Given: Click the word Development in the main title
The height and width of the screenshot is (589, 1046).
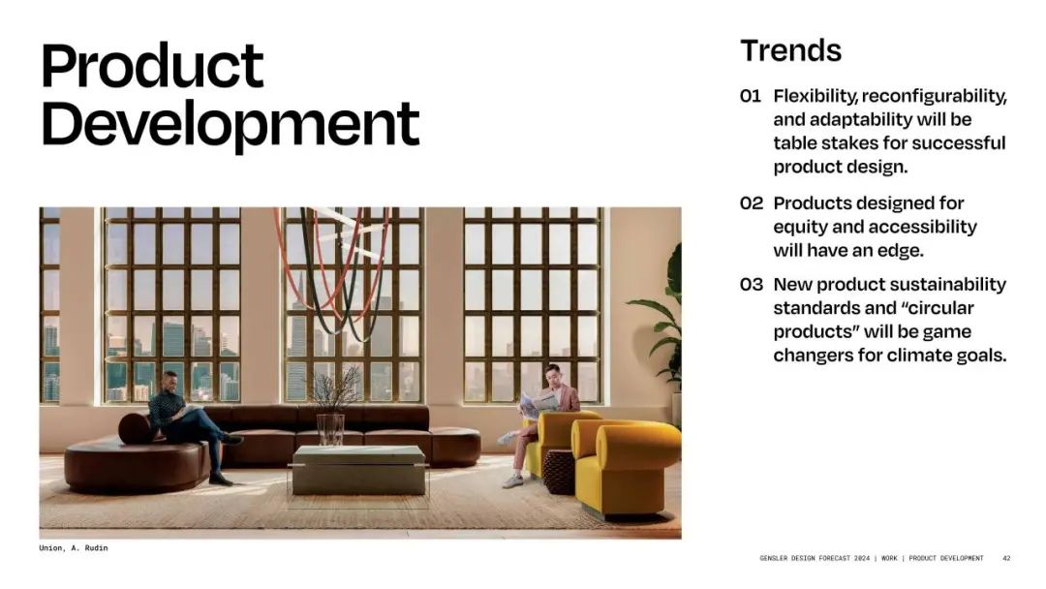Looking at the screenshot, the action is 231,125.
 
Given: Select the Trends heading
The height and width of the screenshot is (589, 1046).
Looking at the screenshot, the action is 791,50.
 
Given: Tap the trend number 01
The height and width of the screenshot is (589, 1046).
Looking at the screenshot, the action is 751,96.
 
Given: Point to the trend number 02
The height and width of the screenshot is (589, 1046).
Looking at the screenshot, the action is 752,202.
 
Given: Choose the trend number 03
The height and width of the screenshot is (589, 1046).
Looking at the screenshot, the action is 752,284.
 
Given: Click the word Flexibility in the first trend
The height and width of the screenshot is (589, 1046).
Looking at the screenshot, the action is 815,97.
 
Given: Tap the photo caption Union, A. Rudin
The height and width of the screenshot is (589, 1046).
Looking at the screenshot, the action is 74,547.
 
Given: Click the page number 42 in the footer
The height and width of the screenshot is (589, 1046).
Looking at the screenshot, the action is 1006,558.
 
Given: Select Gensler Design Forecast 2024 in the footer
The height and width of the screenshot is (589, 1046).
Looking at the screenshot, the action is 815,558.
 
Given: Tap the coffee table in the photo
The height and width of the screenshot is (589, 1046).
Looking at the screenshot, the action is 359,470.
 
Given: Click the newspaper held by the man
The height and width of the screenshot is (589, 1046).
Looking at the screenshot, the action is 539,402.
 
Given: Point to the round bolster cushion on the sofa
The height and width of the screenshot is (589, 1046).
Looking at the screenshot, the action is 138,428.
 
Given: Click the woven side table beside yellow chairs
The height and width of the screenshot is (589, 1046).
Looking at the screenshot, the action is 559,472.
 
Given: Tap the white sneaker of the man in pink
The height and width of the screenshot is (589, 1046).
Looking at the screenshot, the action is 512,480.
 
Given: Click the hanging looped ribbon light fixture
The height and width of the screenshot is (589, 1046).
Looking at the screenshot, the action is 333,266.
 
